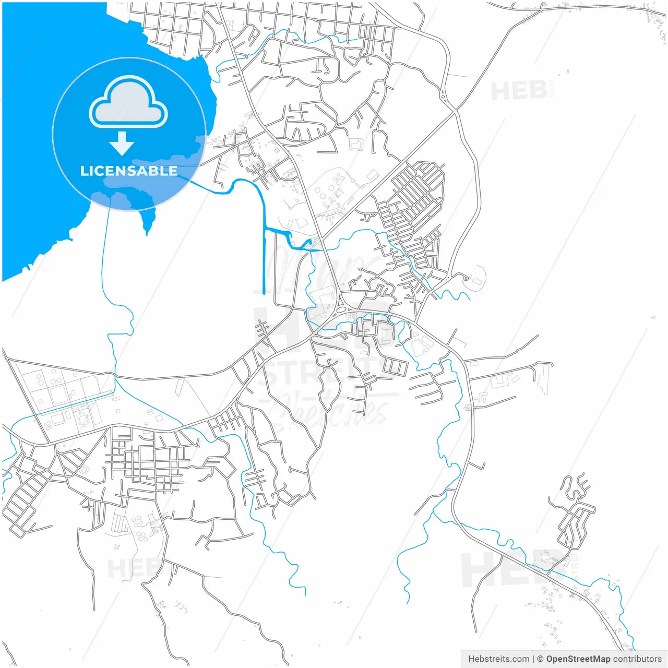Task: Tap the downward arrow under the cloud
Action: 122,143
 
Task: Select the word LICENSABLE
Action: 128,171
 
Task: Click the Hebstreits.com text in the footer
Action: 498,659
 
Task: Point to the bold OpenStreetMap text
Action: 578,659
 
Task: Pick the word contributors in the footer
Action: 637,659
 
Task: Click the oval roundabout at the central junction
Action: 342,309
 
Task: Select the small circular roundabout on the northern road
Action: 443,96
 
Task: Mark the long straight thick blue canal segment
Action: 264,261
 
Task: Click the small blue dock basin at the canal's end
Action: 307,242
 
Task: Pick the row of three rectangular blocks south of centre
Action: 395,366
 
